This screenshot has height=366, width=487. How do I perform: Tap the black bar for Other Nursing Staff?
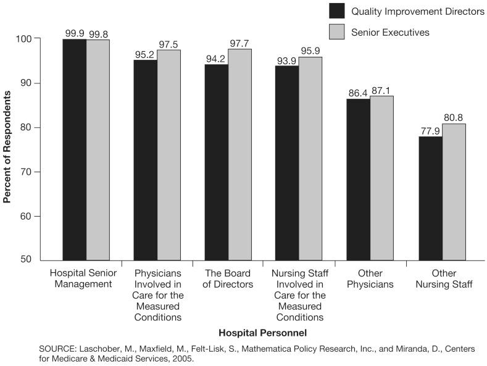(x=430, y=198)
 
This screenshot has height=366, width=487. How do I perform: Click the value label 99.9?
(x=74, y=33)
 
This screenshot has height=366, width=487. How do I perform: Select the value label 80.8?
(x=454, y=118)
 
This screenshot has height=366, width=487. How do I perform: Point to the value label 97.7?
(x=239, y=43)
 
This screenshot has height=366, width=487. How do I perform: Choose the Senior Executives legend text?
(x=390, y=32)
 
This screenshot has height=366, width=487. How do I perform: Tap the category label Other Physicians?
(x=370, y=279)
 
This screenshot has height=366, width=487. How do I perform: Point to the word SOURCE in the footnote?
(x=56, y=349)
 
